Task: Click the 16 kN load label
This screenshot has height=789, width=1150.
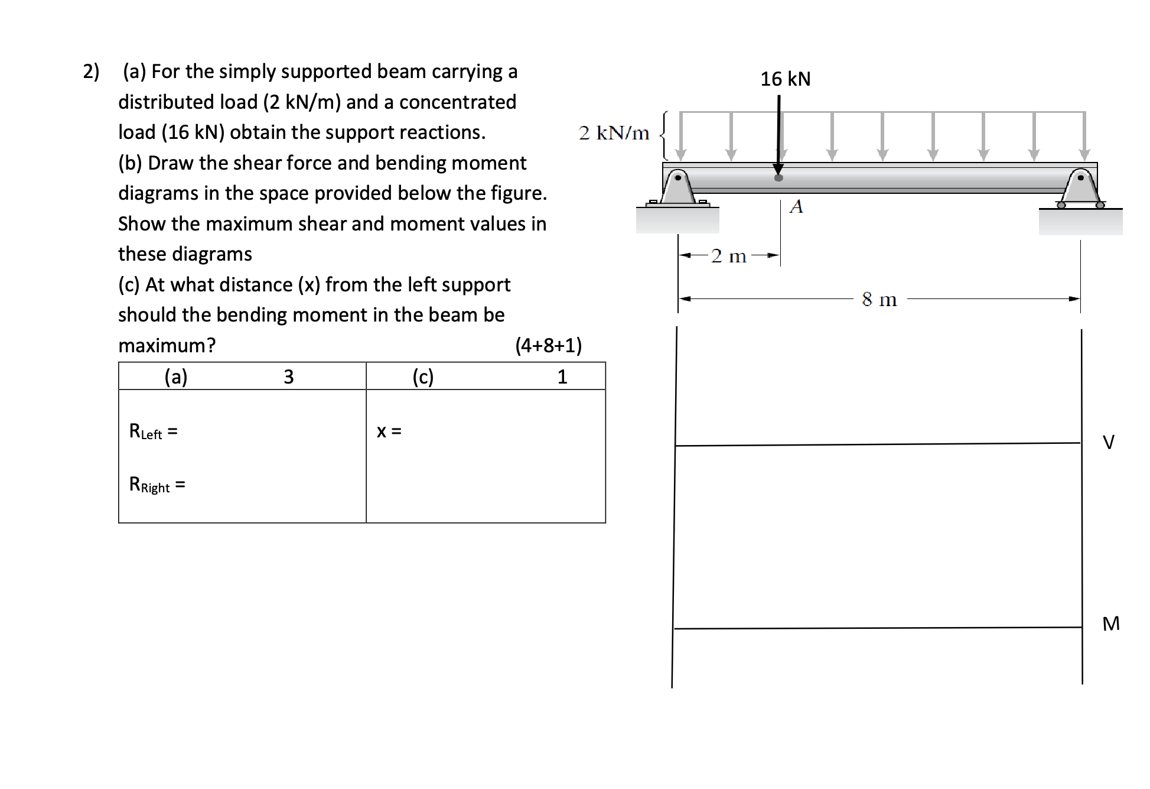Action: click(785, 79)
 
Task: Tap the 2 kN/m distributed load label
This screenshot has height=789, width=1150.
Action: click(614, 133)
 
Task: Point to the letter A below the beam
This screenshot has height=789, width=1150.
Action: click(796, 206)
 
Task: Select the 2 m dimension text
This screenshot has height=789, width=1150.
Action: click(729, 256)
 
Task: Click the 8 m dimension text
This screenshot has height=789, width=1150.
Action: click(879, 300)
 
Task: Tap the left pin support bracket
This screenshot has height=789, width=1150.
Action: click(677, 186)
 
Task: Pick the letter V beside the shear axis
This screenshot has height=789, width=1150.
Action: click(1109, 442)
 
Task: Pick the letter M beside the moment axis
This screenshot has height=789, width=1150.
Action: click(1110, 624)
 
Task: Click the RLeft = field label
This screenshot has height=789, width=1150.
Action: click(153, 432)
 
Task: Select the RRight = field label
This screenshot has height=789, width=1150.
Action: click(157, 485)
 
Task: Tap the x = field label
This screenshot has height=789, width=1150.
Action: click(389, 431)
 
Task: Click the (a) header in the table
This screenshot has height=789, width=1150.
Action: click(176, 376)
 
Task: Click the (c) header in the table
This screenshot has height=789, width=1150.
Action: click(423, 376)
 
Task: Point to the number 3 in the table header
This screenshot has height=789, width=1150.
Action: click(288, 376)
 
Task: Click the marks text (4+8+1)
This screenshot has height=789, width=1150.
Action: click(548, 345)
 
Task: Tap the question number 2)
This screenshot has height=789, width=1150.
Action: click(91, 72)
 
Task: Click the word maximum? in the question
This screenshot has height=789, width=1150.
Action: click(167, 345)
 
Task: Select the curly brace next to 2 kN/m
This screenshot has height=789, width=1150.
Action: click(664, 135)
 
